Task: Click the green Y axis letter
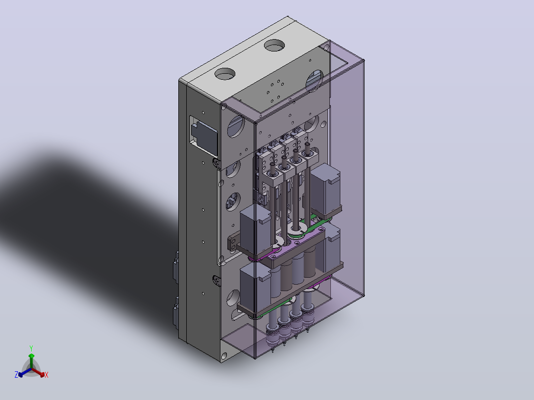[31, 348]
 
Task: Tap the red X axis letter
[47, 375]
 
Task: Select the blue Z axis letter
[16, 375]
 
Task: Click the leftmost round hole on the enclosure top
[225, 74]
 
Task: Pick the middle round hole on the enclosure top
[274, 45]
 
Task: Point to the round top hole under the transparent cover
[315, 80]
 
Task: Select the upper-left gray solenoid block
[256, 228]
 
